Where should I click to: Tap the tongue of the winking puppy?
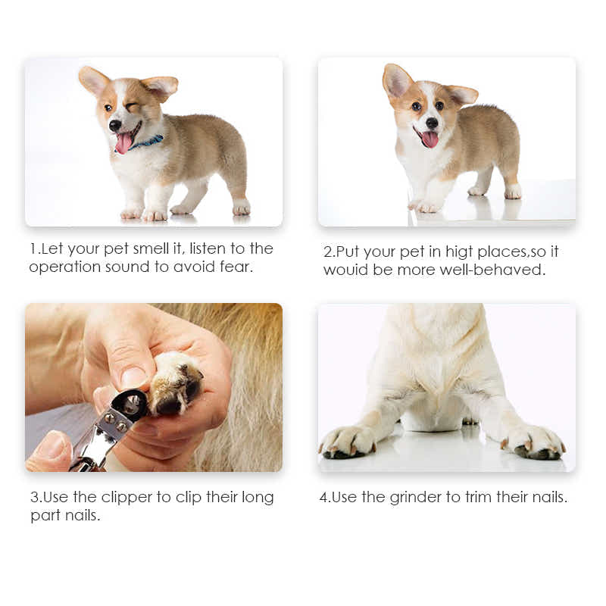coord(123,142)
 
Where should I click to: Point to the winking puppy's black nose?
coord(113,126)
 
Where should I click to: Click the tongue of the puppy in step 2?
coord(430,139)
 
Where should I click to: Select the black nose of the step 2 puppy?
coord(431,122)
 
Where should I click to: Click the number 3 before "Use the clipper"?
coord(34,498)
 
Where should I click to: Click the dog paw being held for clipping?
coord(175,385)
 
